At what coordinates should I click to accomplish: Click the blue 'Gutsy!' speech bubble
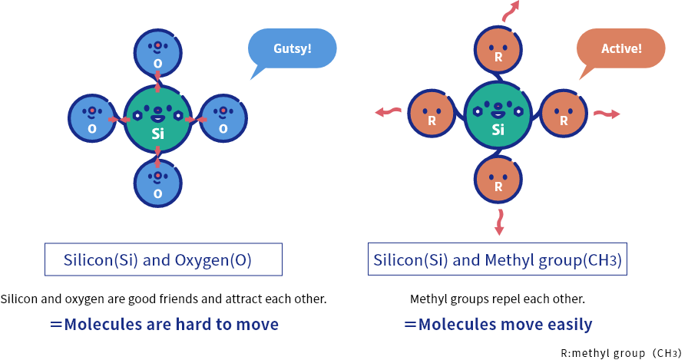click(292, 48)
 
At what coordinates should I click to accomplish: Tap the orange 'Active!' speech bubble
click(620, 48)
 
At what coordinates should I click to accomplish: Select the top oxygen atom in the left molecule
click(158, 53)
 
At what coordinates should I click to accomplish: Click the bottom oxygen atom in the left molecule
click(158, 184)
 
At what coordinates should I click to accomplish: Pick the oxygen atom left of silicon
click(91, 119)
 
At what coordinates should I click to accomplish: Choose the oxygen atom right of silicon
click(223, 119)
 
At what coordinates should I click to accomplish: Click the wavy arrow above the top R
click(511, 10)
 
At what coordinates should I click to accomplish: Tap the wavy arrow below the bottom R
click(499, 222)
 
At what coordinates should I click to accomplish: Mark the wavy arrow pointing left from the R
click(388, 113)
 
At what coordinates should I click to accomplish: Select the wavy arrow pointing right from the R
click(607, 114)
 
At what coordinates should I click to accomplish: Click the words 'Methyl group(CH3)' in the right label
click(553, 259)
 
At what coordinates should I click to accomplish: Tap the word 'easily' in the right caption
click(569, 324)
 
